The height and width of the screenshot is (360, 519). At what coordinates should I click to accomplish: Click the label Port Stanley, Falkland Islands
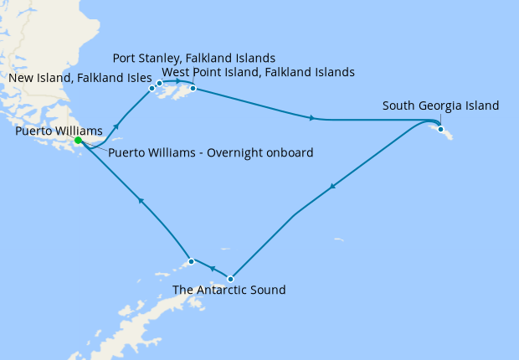[194, 59]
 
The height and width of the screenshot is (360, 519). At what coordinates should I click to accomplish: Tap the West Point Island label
[258, 73]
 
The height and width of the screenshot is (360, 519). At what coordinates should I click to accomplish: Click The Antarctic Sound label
[229, 291]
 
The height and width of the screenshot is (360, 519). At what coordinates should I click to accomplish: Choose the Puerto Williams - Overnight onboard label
[211, 153]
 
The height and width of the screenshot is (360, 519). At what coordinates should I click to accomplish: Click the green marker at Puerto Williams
[78, 141]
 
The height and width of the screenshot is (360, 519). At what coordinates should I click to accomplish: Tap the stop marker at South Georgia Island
[440, 130]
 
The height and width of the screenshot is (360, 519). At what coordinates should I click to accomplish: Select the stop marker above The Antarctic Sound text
[231, 279]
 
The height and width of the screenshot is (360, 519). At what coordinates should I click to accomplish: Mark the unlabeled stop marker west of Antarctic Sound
[192, 261]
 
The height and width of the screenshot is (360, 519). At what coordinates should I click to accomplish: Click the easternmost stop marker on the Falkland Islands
[193, 88]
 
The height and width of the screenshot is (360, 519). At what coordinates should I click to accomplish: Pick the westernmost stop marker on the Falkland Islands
[152, 88]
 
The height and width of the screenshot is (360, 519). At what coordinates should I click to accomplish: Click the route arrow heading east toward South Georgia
[313, 118]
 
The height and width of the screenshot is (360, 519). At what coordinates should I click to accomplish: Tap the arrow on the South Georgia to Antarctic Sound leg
[335, 186]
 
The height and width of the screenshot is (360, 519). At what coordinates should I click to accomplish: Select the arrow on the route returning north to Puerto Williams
[141, 201]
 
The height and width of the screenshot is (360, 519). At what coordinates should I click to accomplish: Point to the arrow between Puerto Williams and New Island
[116, 125]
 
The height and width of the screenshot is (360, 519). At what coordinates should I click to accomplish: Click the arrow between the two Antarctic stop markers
[212, 270]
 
